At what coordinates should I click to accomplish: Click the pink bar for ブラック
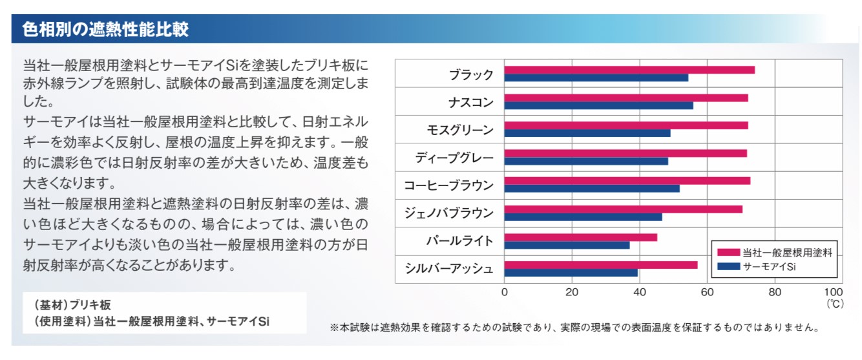629,70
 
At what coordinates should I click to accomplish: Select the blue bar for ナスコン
598,105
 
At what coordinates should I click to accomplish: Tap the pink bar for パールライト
580,237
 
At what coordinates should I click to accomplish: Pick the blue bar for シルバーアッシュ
571,272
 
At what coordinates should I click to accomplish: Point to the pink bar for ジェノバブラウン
623,209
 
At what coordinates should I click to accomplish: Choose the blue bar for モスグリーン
587,133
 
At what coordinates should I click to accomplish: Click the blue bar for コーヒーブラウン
592,189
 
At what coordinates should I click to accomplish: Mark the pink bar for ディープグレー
625,153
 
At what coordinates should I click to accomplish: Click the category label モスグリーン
459,129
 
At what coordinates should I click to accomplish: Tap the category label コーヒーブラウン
448,185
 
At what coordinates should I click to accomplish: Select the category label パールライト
459,241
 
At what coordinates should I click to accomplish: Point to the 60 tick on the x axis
707,291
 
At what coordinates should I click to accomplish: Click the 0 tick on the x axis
505,291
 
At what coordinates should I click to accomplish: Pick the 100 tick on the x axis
834,291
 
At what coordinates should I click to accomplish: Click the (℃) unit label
834,302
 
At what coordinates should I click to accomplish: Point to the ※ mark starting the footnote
334,328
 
